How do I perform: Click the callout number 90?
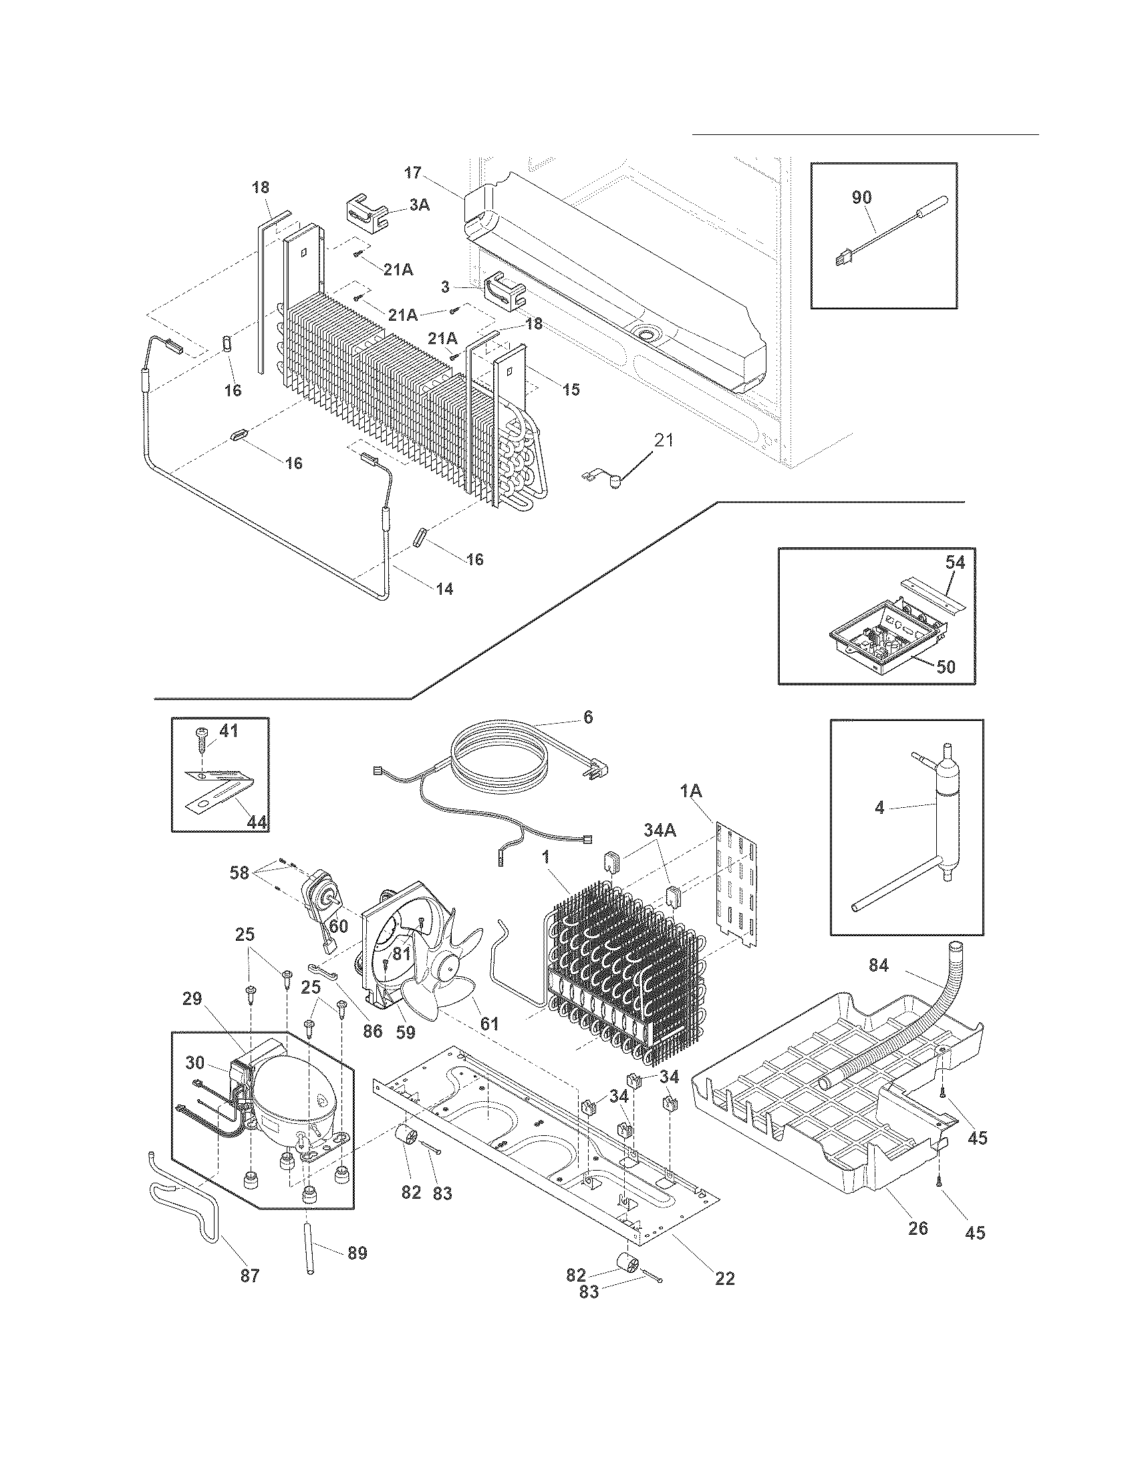tap(861, 197)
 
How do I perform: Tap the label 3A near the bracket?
tap(419, 204)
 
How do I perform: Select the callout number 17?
tap(412, 173)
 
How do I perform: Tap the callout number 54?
tap(956, 562)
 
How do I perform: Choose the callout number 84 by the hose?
tap(878, 966)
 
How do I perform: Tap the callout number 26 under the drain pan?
tap(918, 1228)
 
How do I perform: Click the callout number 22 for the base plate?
tap(725, 1279)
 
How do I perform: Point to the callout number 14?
tap(444, 589)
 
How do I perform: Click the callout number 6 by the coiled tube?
tap(587, 718)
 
